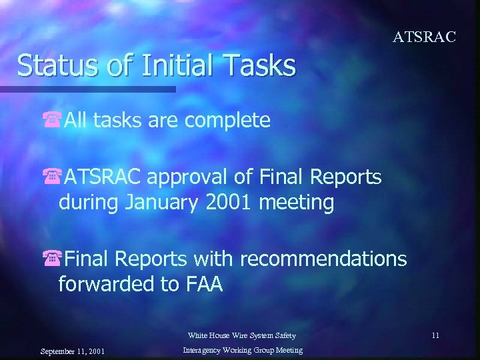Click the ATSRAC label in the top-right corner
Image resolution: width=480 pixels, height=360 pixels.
click(424, 37)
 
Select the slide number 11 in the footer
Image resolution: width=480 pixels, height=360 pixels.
click(435, 335)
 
